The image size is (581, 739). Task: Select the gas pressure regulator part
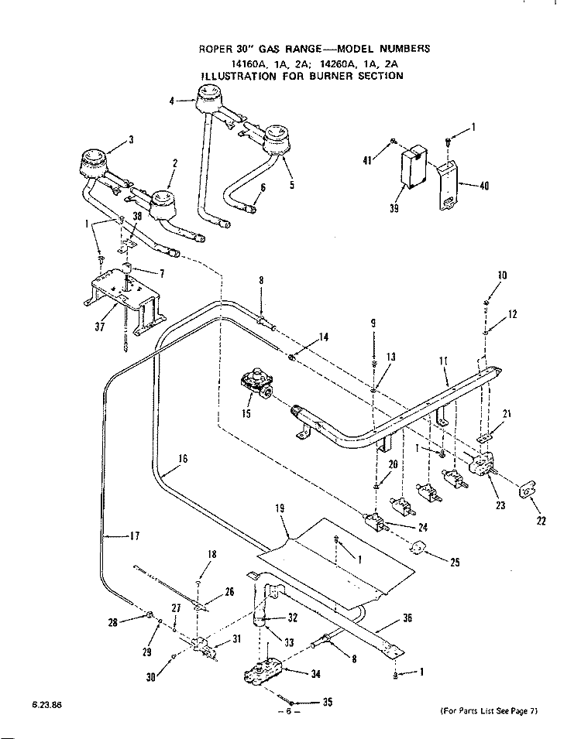(256, 383)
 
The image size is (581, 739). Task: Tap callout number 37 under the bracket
(99, 325)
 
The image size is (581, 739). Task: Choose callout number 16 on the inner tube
(182, 458)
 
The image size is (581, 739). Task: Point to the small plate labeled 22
(528, 491)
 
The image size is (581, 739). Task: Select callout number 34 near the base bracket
(315, 673)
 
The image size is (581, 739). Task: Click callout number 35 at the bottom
(327, 702)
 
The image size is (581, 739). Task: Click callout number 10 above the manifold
(502, 275)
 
